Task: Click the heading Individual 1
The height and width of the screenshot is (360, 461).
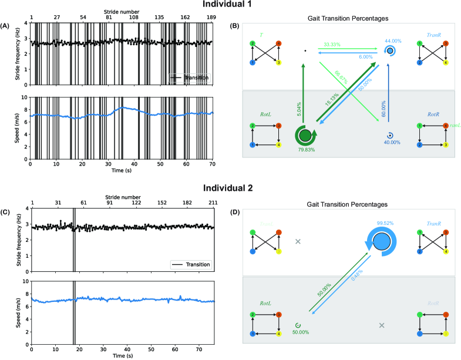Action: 230,5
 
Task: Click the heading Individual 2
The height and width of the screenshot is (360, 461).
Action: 230,189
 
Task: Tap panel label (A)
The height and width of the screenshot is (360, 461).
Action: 5,26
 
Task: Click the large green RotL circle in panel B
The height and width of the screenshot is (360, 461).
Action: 305,136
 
